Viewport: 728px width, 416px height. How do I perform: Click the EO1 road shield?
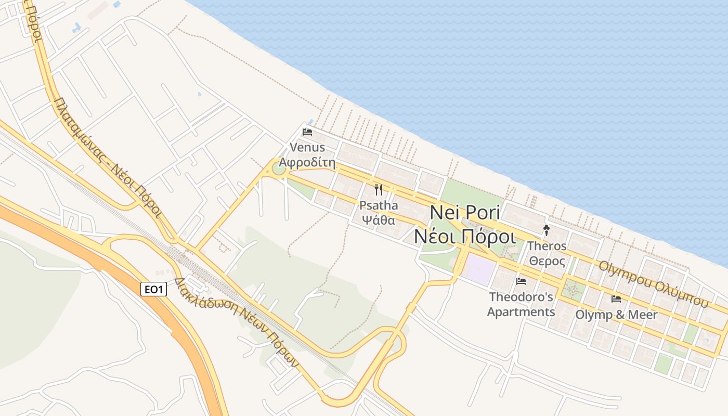pyautogui.click(x=153, y=289)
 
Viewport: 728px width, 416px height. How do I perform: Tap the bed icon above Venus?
pyautogui.click(x=307, y=132)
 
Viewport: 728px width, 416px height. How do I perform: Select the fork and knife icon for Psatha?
pyautogui.click(x=379, y=190)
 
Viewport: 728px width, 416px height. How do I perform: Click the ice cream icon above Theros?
pyautogui.click(x=547, y=230)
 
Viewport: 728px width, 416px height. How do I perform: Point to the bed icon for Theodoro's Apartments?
pyautogui.click(x=521, y=281)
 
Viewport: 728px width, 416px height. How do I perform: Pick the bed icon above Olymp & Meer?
pyautogui.click(x=616, y=299)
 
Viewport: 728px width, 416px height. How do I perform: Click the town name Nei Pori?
pyautogui.click(x=465, y=213)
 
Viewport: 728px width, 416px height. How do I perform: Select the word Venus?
pyautogui.click(x=307, y=148)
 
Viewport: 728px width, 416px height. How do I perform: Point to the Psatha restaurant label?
pyautogui.click(x=379, y=205)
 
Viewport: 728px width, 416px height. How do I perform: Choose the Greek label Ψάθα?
pyautogui.click(x=379, y=219)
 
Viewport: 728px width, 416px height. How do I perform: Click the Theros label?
pyautogui.click(x=547, y=246)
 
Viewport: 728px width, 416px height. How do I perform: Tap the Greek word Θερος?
pyautogui.click(x=547, y=261)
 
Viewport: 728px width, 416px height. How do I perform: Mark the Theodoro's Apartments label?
pyautogui.click(x=521, y=304)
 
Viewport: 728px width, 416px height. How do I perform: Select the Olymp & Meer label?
pyautogui.click(x=616, y=315)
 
